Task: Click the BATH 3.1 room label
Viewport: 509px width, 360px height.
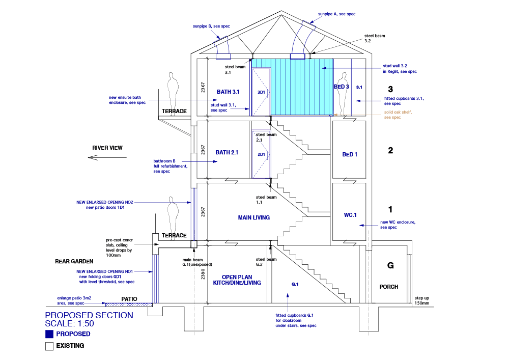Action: coord(228,92)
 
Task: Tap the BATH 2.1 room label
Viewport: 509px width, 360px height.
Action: coord(227,152)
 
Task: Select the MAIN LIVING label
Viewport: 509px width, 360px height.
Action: coord(253,217)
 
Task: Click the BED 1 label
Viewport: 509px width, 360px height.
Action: coord(350,154)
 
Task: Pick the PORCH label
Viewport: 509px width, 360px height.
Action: coord(389,287)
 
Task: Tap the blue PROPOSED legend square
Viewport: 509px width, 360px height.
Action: coord(49,335)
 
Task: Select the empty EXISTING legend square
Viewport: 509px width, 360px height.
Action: coord(49,346)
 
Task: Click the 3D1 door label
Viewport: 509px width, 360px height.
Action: coord(262,93)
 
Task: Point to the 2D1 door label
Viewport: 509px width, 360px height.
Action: coord(262,154)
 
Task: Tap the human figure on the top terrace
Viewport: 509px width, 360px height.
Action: coord(174,90)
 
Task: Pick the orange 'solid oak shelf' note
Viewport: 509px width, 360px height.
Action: coord(398,115)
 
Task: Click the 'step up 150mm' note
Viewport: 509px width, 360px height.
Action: coord(422,300)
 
